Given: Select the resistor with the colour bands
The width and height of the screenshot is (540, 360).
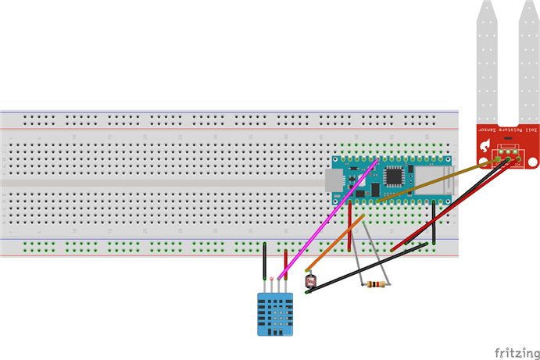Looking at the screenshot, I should pyautogui.click(x=376, y=284).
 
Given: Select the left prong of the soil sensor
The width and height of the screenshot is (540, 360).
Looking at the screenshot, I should pyautogui.click(x=485, y=62).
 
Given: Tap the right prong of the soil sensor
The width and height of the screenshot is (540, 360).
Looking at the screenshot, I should pyautogui.click(x=529, y=62).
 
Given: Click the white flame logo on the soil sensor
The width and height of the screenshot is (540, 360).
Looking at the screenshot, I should pyautogui.click(x=487, y=144).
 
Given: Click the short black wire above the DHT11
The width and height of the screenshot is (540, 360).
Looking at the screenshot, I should pyautogui.click(x=264, y=260).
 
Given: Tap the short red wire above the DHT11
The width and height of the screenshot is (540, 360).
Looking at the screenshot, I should pyautogui.click(x=285, y=263).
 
